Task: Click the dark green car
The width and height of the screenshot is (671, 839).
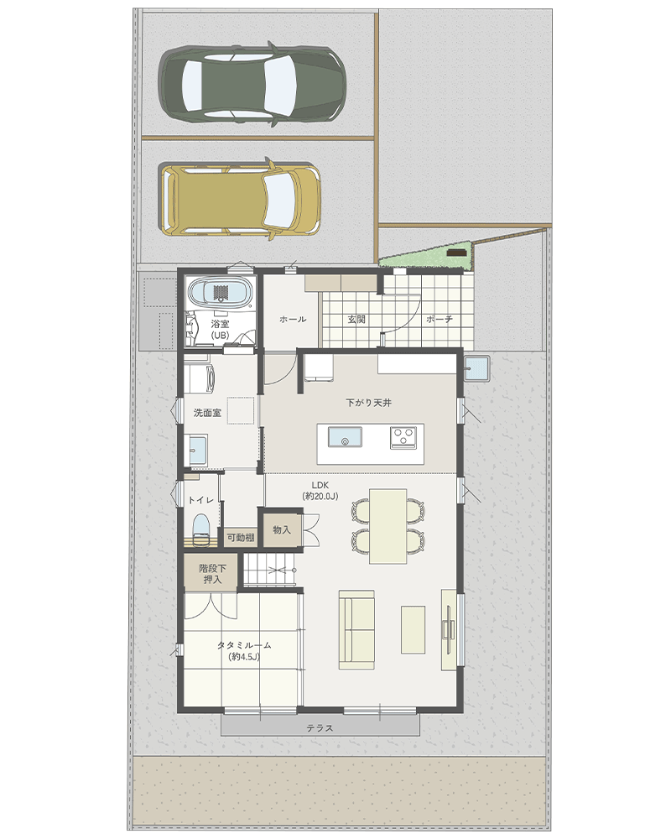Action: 252,84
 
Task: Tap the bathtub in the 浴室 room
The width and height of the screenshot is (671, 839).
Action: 220,293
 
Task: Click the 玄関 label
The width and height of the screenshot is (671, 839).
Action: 356,320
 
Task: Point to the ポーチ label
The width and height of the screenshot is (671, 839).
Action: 440,320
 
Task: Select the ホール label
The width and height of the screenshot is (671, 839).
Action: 293,320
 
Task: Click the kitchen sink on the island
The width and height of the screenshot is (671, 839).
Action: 345,437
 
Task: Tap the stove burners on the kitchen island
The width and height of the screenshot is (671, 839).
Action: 403,437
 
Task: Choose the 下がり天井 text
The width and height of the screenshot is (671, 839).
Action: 369,403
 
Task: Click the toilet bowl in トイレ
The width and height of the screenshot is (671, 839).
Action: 200,529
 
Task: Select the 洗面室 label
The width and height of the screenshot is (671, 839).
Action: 207,413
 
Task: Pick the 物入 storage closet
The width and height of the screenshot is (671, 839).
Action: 281,529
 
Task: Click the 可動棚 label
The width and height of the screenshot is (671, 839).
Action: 240,537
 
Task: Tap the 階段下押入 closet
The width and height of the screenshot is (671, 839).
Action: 211,573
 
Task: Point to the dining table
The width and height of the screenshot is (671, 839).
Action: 388,526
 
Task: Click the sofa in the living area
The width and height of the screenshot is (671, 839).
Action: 356,630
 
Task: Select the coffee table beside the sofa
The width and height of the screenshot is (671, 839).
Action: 414,630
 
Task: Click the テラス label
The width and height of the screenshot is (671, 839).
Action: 320,728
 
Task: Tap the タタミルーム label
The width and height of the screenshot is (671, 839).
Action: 244,645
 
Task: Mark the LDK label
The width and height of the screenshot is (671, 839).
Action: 320,485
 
